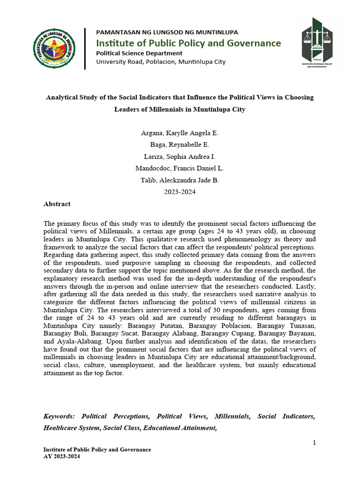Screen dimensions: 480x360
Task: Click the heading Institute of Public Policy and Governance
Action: [x=188, y=43]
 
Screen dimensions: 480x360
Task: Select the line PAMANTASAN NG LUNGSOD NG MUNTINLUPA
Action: [x=167, y=32]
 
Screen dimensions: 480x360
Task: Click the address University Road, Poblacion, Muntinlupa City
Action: [x=161, y=62]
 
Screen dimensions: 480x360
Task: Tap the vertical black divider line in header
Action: [x=85, y=48]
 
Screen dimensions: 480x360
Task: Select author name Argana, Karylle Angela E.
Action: [x=180, y=133]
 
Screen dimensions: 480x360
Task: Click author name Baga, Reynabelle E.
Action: [x=180, y=145]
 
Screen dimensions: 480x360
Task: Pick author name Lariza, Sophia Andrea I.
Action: [x=180, y=157]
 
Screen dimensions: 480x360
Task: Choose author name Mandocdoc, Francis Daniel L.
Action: [x=180, y=168]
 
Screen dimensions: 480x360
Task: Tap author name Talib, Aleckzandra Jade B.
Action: [x=180, y=180]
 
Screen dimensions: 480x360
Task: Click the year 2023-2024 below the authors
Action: [x=180, y=192]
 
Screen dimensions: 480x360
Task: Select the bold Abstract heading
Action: [x=57, y=204]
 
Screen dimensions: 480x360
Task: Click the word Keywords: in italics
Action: [x=60, y=416]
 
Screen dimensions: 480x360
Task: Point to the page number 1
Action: [x=314, y=443]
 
